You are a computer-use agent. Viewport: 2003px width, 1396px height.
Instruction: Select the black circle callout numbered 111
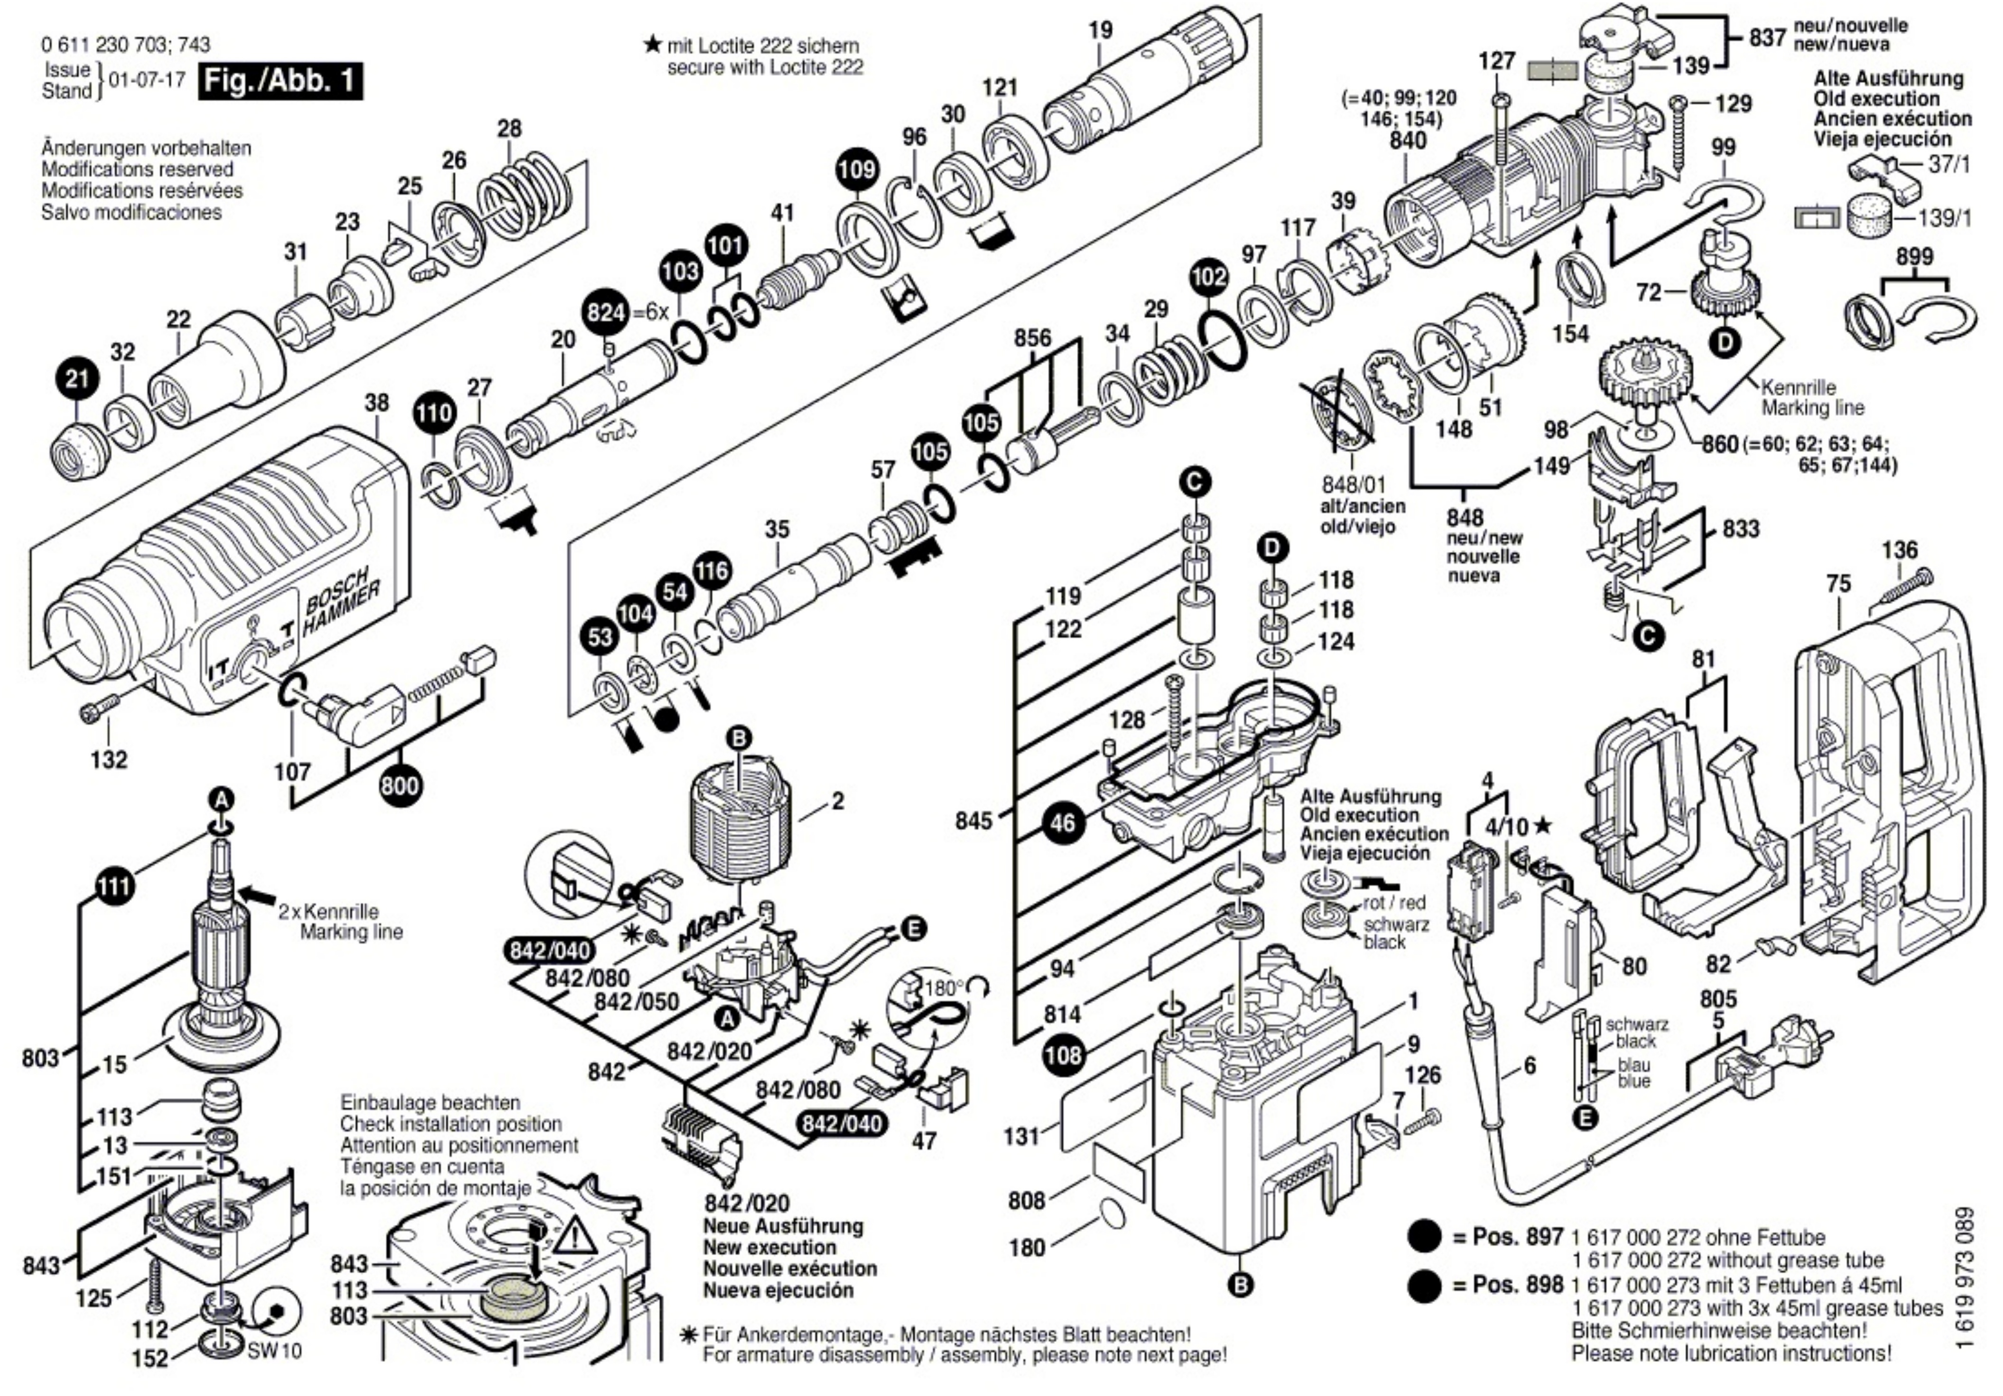(114, 887)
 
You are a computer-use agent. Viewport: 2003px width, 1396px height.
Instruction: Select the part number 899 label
(1914, 257)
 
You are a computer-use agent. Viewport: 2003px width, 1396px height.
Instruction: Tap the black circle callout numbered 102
(1208, 277)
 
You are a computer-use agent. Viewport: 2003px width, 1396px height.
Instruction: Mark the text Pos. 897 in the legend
(1518, 1236)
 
